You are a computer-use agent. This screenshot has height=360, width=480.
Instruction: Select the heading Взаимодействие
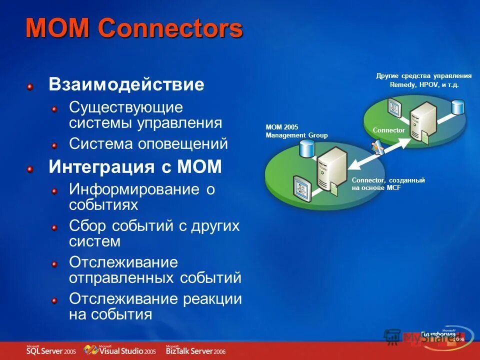click(126, 84)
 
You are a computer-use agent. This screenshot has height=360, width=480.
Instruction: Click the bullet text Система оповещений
click(148, 144)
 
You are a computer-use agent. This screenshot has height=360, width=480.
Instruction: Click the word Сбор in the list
click(87, 225)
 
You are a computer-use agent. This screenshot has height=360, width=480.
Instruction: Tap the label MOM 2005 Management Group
click(296, 131)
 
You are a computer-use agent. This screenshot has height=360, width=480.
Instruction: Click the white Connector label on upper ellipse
click(388, 130)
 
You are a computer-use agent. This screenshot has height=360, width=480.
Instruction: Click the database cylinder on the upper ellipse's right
click(457, 107)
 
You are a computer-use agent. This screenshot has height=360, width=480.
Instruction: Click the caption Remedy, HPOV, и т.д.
click(424, 85)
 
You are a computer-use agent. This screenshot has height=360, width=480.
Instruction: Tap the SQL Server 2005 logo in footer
click(50, 350)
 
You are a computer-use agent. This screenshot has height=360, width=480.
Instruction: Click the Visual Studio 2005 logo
click(120, 350)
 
